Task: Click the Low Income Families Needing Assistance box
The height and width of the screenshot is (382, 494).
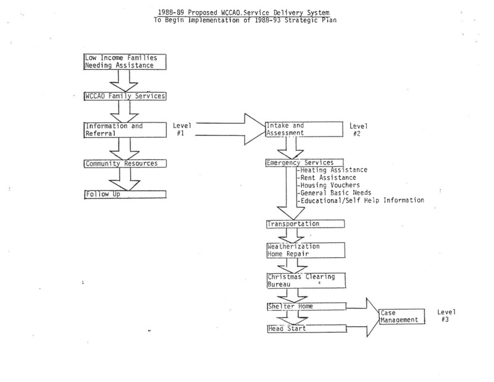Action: pos(125,62)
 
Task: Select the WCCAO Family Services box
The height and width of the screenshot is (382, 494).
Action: pos(125,96)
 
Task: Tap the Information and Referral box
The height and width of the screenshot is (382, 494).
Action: pos(125,130)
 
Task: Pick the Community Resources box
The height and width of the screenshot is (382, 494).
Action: pos(125,164)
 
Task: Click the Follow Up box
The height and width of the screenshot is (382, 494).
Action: pos(125,194)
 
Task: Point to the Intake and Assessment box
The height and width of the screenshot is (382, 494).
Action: pos(304,129)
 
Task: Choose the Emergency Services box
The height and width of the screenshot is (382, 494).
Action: pos(304,163)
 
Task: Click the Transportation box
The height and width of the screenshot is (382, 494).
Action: pos(305,224)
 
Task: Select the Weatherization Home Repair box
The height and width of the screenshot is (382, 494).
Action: pos(306,250)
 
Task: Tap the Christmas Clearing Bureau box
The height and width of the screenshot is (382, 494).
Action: pos(306,281)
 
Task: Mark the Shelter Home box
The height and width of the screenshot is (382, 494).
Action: pos(306,307)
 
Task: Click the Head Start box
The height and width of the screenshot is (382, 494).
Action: pos(307,329)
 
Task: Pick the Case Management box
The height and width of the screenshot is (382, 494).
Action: pos(402,316)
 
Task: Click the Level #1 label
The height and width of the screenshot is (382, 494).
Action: pos(182,129)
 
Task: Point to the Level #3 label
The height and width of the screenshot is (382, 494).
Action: pos(446,316)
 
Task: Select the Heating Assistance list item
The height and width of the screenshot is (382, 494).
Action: pos(332,170)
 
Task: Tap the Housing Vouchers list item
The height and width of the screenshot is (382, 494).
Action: pos(329,185)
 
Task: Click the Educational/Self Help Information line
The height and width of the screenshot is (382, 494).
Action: pos(361,201)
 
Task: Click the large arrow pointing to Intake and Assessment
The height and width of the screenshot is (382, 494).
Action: pos(230,129)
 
